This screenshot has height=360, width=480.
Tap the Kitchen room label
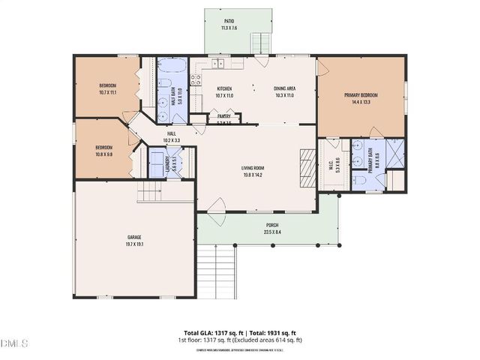click(224, 88)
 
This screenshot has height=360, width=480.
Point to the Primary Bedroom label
click(361, 95)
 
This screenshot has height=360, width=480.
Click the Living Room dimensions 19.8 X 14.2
click(251, 175)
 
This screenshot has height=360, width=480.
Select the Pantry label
click(223, 116)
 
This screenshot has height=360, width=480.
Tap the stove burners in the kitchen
click(197, 79)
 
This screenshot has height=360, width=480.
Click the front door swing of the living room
click(218, 204)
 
